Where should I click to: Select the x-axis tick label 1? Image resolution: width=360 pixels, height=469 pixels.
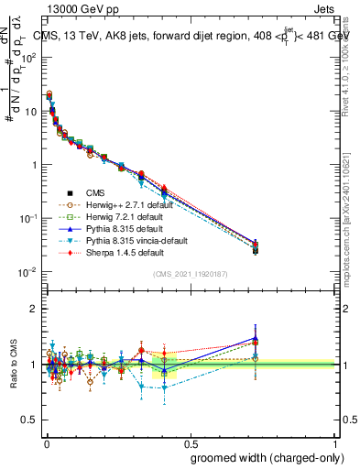coord(333,442)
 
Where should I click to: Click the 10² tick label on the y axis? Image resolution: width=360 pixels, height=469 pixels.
coord(27,57)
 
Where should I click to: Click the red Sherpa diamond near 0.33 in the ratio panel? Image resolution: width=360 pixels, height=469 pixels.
coord(141,350)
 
